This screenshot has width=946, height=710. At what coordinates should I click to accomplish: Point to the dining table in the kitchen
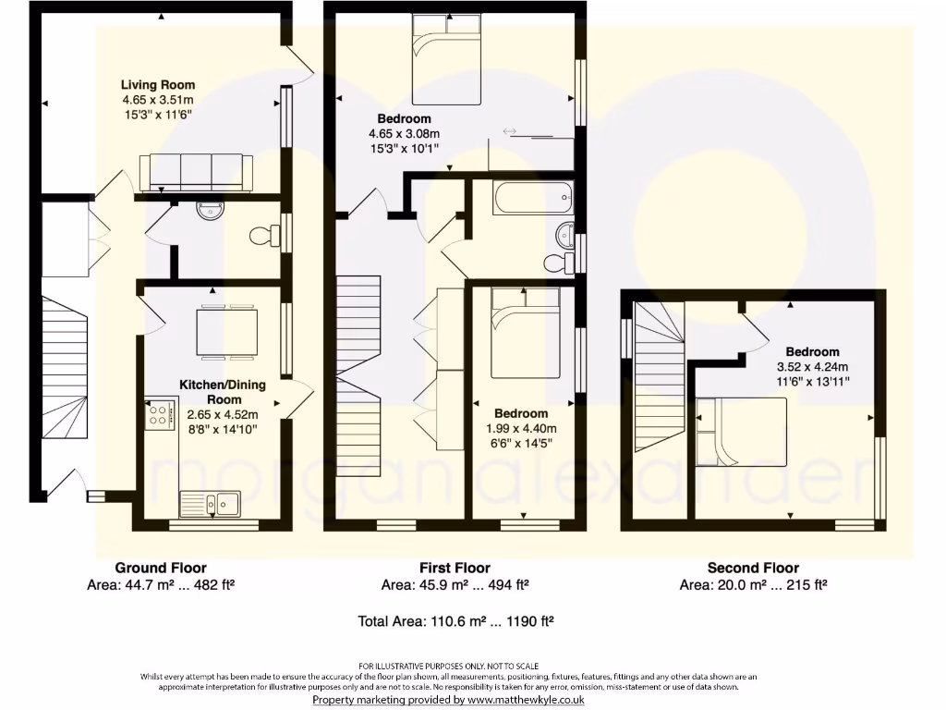click(227, 331)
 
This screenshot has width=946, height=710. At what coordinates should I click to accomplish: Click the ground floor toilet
click(264, 236)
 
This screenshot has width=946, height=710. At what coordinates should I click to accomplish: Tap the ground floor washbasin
click(210, 211)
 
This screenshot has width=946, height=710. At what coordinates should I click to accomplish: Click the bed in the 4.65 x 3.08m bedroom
click(447, 61)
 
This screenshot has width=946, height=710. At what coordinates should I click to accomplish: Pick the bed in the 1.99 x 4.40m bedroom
click(524, 333)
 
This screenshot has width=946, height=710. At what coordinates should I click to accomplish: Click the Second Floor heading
click(753, 568)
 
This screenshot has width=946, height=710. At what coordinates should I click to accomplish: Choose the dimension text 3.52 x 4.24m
click(812, 366)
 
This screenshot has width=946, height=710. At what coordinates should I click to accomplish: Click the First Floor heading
click(455, 568)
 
